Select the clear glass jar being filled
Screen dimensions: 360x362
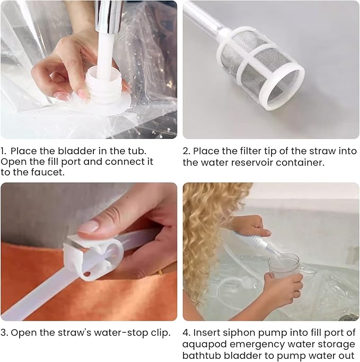coord(284,266)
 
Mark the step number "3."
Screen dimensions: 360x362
coord(4,333)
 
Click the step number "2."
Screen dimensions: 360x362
coord(187,151)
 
